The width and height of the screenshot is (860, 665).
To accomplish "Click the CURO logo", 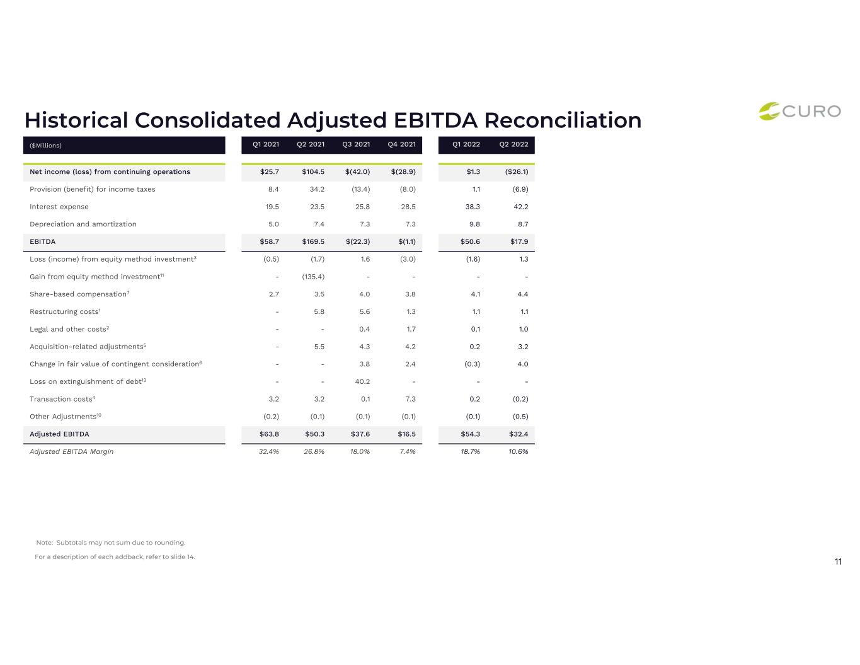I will click(799, 112).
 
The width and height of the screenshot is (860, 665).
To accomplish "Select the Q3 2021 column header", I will click(356, 145).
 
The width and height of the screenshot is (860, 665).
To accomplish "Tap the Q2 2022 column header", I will click(513, 145).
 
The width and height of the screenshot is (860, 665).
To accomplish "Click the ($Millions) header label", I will click(46, 146).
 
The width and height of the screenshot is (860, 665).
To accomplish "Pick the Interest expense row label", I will click(59, 207).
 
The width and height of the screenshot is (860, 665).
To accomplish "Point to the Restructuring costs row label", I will click(65, 311).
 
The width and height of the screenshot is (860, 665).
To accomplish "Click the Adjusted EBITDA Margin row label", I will click(72, 451).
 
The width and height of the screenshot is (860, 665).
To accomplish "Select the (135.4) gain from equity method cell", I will click(313, 277).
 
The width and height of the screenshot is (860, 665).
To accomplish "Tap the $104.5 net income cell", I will click(313, 171).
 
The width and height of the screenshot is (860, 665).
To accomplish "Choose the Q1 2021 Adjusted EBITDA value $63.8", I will click(269, 434).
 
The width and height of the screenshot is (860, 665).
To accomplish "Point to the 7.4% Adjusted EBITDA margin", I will click(407, 451).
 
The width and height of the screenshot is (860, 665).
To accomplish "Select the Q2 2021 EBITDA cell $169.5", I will click(313, 242).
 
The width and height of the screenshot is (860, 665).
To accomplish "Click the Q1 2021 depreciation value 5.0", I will click(273, 224).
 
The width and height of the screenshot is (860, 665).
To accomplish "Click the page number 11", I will click(838, 562).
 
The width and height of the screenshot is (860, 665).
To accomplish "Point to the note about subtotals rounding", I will click(111, 543).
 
